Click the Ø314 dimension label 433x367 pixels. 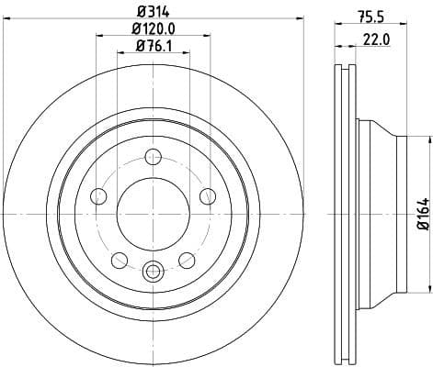pyautogui.click(x=153, y=12)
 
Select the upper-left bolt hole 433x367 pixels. pyautogui.click(x=98, y=195)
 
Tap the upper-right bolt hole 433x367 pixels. pyautogui.click(x=207, y=195)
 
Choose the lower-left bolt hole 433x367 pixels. pyautogui.click(x=119, y=259)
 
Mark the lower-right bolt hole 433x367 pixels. pyautogui.click(x=187, y=259)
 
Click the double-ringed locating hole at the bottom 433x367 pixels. pyautogui.click(x=153, y=271)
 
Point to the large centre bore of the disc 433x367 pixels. pyautogui.click(x=153, y=215)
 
